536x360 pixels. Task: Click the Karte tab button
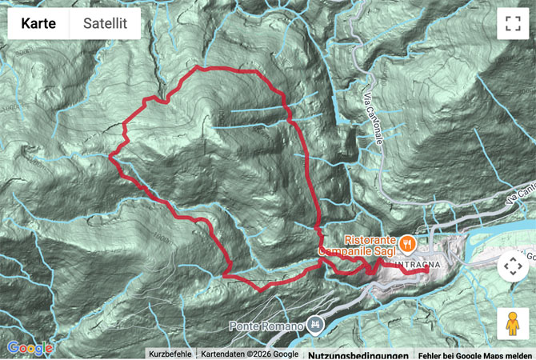click(x=38, y=24)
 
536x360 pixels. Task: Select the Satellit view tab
click(x=105, y=24)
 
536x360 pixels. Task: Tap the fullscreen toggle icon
click(x=512, y=24)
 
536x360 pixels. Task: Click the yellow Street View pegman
click(x=512, y=324)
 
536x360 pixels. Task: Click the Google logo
click(x=30, y=348)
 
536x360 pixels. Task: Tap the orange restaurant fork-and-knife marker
click(x=407, y=239)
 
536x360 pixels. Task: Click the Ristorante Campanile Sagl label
click(x=361, y=245)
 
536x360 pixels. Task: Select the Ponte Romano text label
click(x=267, y=326)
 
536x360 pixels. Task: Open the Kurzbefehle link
click(x=170, y=354)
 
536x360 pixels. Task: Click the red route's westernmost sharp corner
click(x=110, y=156)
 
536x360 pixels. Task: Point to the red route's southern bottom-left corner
click(x=225, y=276)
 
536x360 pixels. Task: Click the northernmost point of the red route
click(x=200, y=67)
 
